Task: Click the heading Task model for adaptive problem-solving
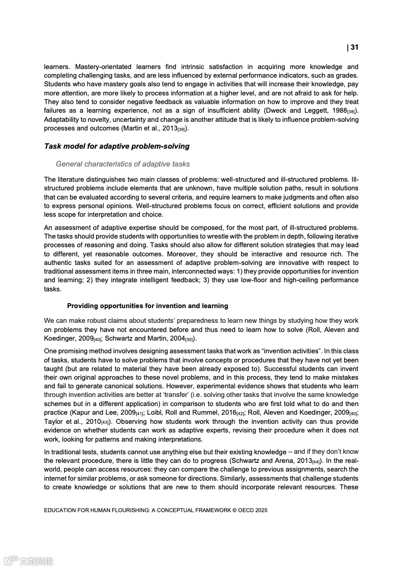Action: pos(116,146)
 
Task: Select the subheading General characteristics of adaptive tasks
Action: pos(122,164)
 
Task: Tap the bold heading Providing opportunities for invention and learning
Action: pos(147,306)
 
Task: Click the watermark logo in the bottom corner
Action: pos(28,561)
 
